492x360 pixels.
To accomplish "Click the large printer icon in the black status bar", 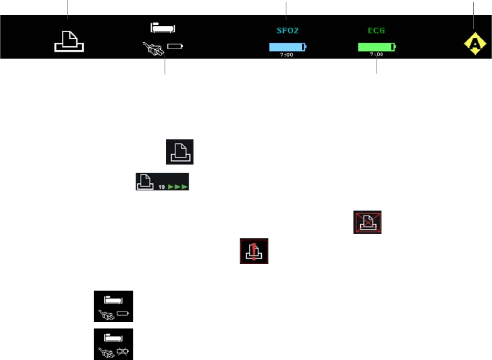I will pyautogui.click(x=69, y=40).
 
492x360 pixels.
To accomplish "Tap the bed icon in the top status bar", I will pyautogui.click(x=162, y=28).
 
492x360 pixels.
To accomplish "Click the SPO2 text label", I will pyautogui.click(x=286, y=30).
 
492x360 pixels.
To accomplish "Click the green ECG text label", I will pyautogui.click(x=377, y=30).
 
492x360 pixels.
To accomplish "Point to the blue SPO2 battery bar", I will pyautogui.click(x=287, y=47).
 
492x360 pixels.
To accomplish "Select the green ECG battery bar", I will pyautogui.click(x=376, y=47).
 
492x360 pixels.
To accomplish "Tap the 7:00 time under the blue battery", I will pyautogui.click(x=286, y=55).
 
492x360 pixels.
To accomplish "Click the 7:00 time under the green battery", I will pyautogui.click(x=377, y=55).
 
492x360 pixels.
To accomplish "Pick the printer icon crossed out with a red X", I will pyautogui.click(x=367, y=223).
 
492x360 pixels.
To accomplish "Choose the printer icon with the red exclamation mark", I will pyautogui.click(x=254, y=251).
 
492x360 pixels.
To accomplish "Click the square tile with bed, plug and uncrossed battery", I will pyautogui.click(x=114, y=306).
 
